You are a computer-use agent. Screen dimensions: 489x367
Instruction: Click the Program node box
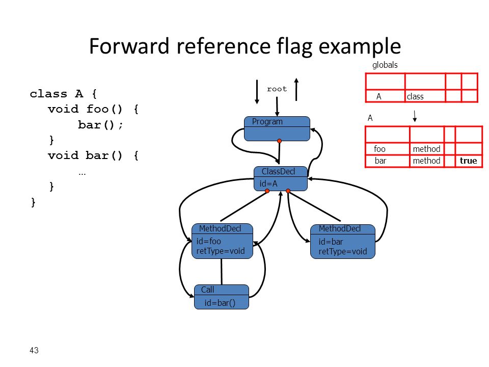click(x=277, y=128)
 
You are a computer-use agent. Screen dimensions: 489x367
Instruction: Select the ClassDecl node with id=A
click(x=280, y=178)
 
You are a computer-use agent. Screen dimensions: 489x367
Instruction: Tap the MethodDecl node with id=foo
click(x=222, y=241)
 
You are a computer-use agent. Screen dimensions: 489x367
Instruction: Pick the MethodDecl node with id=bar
click(x=343, y=242)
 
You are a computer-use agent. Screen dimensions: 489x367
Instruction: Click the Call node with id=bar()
click(x=222, y=297)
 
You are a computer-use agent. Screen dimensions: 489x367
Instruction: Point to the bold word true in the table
click(x=469, y=161)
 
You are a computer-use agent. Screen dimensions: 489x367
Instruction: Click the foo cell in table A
click(x=379, y=149)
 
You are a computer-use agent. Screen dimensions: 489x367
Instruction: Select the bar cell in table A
click(x=380, y=161)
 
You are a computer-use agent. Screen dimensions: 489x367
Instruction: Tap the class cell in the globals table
click(x=415, y=96)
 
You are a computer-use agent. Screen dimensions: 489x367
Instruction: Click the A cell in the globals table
click(x=378, y=96)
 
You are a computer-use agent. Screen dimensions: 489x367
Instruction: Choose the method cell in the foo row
click(x=427, y=149)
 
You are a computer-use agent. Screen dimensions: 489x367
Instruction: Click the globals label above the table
click(x=385, y=65)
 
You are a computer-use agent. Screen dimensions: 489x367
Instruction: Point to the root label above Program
click(x=277, y=89)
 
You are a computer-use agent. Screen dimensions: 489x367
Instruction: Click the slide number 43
click(x=34, y=350)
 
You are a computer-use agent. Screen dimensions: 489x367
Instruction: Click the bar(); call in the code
click(x=100, y=125)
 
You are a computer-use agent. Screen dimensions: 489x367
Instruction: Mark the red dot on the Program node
click(x=280, y=141)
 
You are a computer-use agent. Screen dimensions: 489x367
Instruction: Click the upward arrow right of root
click(x=296, y=89)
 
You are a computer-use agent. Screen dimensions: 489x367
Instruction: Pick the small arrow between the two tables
click(x=415, y=116)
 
